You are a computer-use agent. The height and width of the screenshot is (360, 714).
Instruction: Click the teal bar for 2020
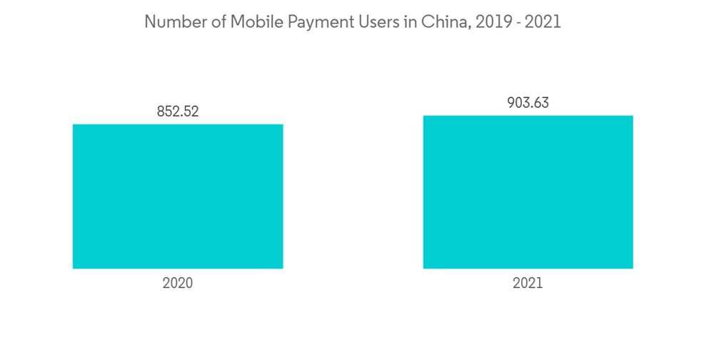coord(178,196)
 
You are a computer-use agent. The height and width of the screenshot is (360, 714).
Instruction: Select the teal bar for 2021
coord(528,192)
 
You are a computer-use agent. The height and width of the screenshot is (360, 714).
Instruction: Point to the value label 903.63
coord(528,102)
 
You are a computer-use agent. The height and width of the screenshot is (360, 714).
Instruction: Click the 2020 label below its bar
coord(178,283)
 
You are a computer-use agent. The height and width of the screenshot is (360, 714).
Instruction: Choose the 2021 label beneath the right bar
coord(528,283)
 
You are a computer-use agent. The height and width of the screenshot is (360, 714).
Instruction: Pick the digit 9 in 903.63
coord(511,102)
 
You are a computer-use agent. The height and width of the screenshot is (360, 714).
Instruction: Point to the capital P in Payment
coord(286,22)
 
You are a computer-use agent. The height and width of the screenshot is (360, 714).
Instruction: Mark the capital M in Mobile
coord(236,22)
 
